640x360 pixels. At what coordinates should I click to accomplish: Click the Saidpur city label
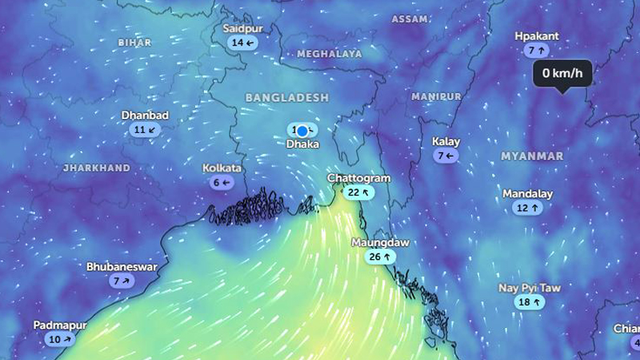242,29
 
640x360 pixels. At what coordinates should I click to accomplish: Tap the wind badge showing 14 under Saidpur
242,43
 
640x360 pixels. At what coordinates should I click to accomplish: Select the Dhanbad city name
145,115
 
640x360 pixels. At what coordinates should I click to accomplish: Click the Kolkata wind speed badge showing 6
222,182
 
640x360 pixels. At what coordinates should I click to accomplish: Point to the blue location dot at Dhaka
302,130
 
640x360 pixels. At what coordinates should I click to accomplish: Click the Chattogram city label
358,178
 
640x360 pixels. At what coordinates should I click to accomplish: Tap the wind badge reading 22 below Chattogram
358,192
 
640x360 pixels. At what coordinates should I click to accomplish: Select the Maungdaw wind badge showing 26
380,257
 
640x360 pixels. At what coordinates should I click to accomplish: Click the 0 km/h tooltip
562,74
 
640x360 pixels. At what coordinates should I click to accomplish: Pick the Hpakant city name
537,36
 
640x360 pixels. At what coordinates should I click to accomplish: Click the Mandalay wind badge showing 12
528,208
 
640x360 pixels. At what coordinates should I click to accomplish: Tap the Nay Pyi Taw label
530,287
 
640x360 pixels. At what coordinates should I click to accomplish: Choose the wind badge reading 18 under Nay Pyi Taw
530,302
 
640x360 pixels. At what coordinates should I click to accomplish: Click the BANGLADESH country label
286,97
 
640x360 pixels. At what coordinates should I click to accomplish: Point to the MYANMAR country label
532,156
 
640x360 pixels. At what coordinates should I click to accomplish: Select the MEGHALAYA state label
330,54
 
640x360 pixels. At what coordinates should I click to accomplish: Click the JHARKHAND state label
96,168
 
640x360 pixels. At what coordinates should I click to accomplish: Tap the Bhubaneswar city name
122,266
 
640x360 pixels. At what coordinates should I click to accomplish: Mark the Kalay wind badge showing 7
446,156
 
